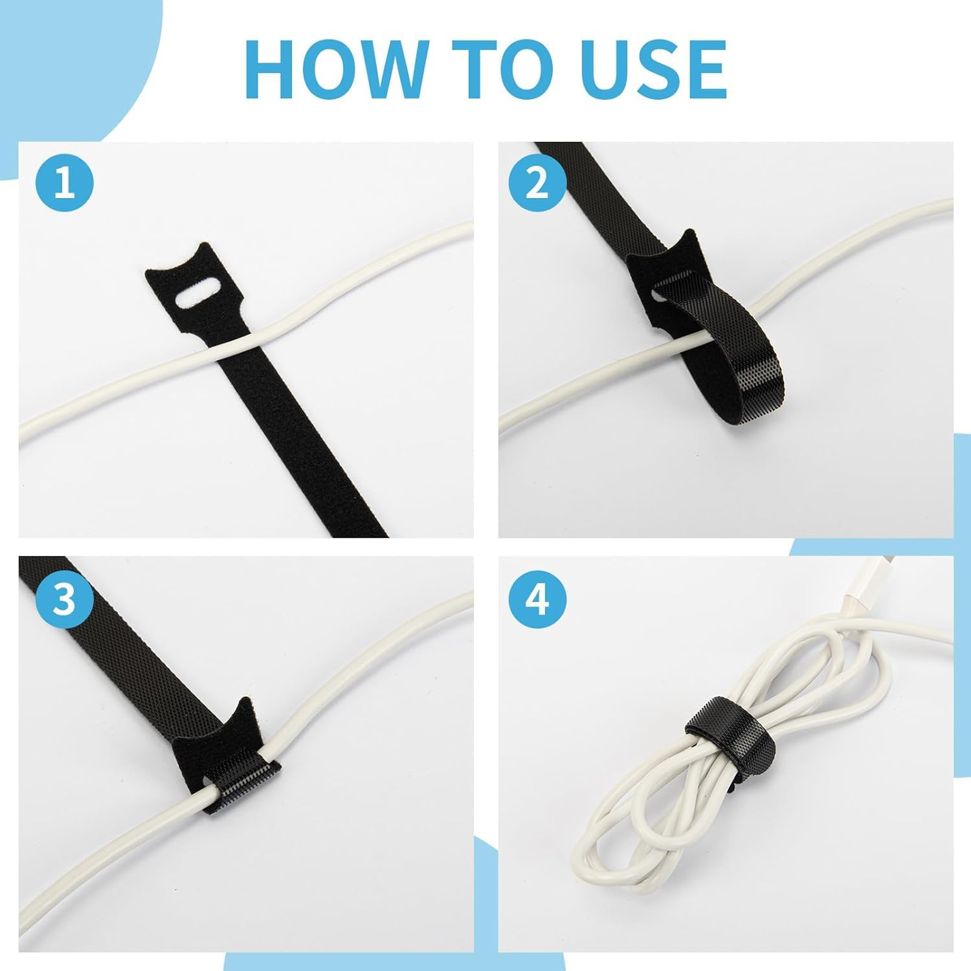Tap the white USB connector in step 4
pyautogui.click(x=858, y=592)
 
